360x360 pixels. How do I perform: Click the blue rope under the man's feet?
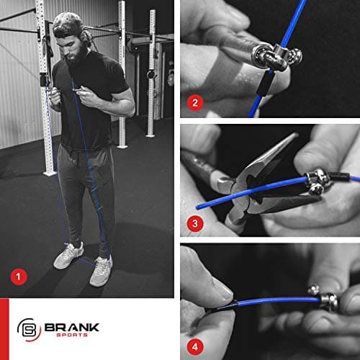[x=86, y=262]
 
